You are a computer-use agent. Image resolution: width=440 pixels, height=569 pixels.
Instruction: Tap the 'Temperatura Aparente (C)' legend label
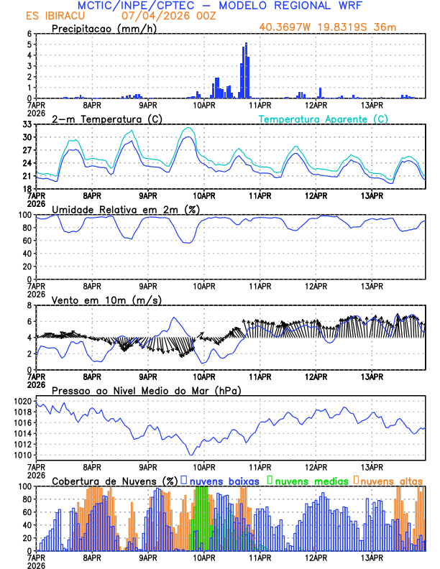(x=323, y=119)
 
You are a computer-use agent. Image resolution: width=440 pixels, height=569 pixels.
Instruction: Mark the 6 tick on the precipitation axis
(x=29, y=34)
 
